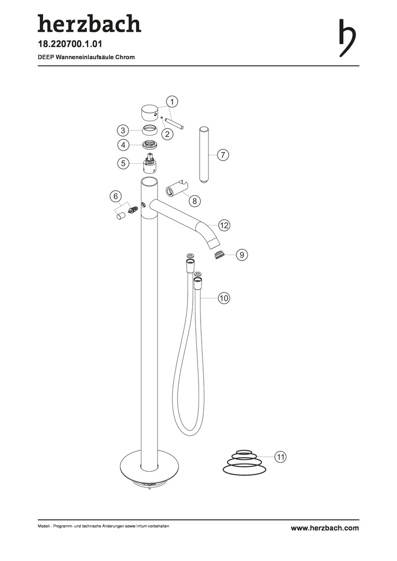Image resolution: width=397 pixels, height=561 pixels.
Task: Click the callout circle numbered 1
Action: click(172, 102)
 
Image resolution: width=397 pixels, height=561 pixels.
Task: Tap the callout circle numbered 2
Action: click(167, 134)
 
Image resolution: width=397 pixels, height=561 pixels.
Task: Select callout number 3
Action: click(123, 130)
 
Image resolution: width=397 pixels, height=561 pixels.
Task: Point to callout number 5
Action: click(123, 164)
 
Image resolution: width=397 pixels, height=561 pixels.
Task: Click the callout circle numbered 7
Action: click(223, 155)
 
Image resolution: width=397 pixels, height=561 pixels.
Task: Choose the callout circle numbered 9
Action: click(242, 255)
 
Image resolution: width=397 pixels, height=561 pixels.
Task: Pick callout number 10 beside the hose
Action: click(223, 298)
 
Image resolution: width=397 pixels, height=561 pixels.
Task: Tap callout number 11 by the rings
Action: click(281, 457)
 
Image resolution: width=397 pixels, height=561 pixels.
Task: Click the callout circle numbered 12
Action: click(224, 225)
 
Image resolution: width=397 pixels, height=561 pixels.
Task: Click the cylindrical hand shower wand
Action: click(203, 155)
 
